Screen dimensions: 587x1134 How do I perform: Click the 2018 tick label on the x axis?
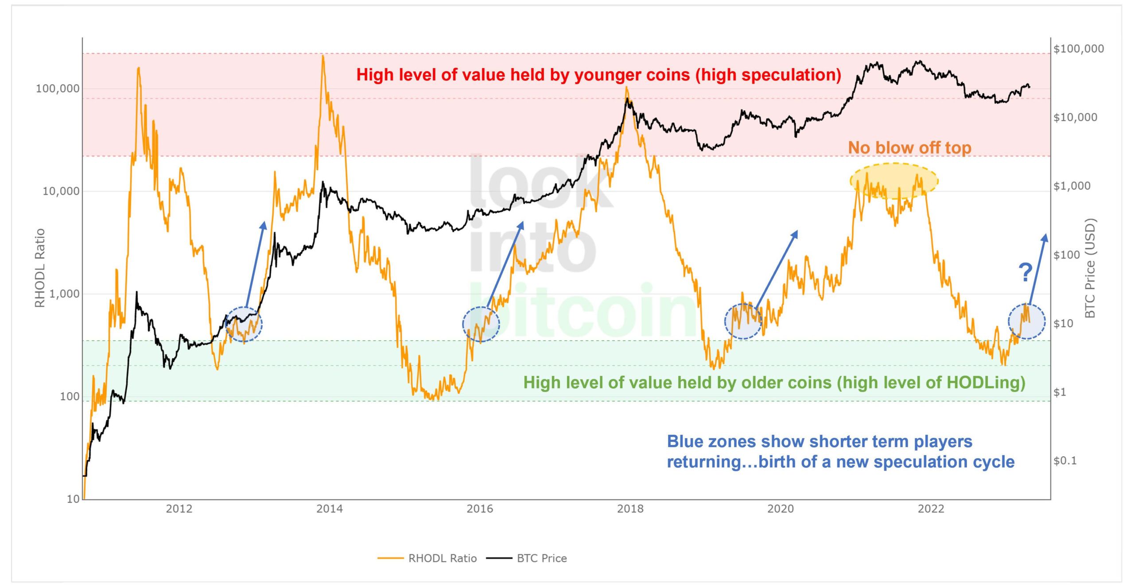630,509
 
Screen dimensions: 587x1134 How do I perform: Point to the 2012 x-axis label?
179,509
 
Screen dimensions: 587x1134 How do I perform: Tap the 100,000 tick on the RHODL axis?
58,89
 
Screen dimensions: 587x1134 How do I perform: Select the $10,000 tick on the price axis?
1075,117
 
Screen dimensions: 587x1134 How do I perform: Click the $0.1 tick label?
1065,461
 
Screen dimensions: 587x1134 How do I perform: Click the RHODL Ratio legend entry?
442,558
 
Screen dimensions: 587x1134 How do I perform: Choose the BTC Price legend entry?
541,558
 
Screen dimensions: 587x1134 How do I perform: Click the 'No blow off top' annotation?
909,148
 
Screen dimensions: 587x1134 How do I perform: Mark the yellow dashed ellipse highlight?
894,180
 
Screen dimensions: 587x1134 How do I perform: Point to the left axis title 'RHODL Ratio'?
40,268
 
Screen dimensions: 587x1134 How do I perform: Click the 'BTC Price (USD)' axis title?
1090,268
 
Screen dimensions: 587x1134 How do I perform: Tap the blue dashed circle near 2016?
481,324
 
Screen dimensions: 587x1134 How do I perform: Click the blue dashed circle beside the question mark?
1027,322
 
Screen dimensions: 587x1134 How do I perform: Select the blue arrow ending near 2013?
255,265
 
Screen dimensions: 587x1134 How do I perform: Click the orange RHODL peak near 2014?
323,57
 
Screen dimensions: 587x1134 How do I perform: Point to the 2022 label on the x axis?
931,509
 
